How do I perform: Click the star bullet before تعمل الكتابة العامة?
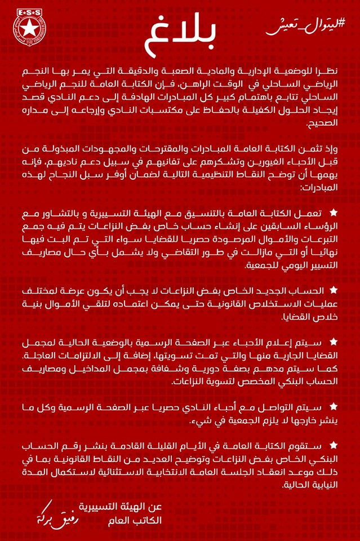(x=333, y=212)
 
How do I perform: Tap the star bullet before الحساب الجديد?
(x=333, y=289)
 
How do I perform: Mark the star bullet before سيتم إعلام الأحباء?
(x=333, y=342)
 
